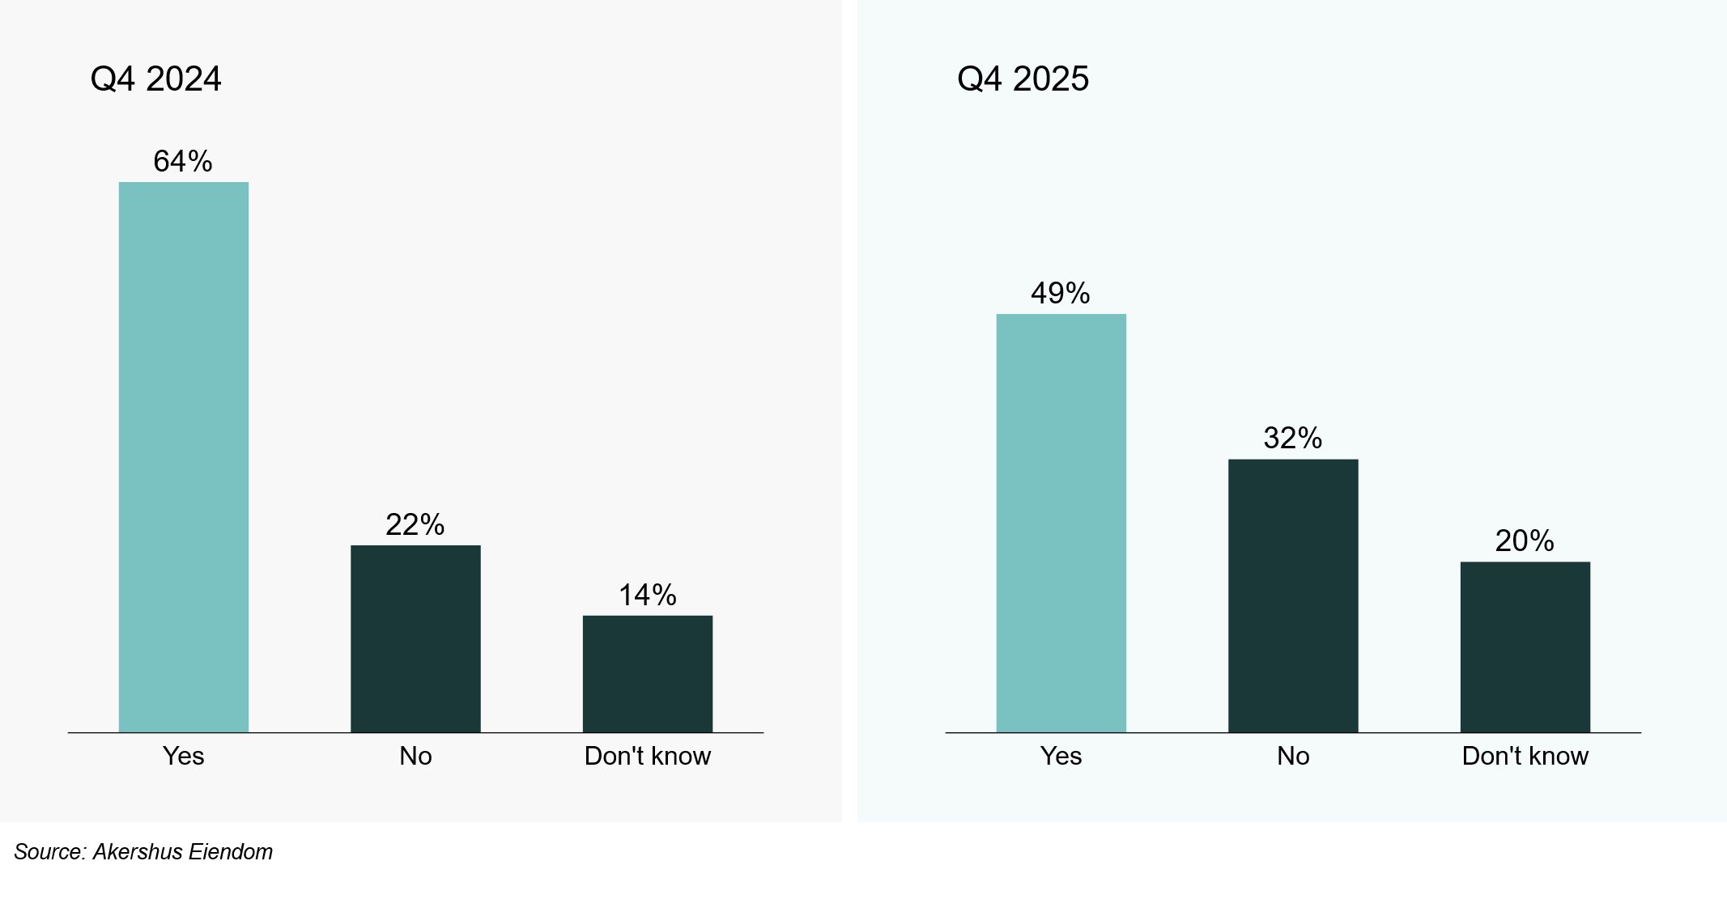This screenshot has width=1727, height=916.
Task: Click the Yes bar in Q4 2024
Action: (184, 457)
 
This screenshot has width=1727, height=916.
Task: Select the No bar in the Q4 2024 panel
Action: (415, 638)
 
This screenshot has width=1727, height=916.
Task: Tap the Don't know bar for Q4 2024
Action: (648, 673)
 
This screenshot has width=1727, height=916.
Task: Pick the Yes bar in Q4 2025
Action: (1061, 523)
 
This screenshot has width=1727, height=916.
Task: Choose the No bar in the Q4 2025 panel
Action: (1293, 596)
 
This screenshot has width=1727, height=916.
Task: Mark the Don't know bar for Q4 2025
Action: (1525, 647)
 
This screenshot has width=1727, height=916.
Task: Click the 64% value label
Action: (183, 161)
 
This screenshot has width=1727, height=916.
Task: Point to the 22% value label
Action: (415, 524)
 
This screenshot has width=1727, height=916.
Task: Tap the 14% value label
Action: (648, 595)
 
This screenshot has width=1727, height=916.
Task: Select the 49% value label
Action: (1061, 293)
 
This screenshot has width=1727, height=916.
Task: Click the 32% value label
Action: (1293, 438)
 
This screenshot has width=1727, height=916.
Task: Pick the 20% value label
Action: (1525, 541)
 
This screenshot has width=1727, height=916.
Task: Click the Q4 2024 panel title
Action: (155, 78)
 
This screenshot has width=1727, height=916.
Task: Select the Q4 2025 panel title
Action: (1023, 78)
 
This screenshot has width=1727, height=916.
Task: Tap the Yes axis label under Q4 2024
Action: (183, 756)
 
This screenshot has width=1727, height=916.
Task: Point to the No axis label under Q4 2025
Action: (1293, 756)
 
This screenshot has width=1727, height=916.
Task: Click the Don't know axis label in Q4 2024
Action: (648, 756)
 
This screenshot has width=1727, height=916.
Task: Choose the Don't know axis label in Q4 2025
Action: (1525, 756)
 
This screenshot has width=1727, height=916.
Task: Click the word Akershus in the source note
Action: (138, 852)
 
